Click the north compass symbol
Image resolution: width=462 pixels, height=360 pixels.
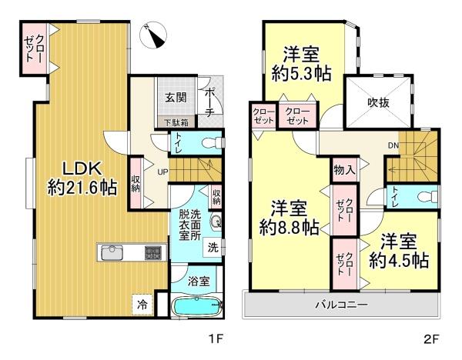point(153,35)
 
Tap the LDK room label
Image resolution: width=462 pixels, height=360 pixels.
point(82,169)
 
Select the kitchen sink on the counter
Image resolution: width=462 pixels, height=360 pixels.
point(112,252)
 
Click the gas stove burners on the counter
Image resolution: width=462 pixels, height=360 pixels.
point(153,253)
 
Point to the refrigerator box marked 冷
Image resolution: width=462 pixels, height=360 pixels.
point(142,305)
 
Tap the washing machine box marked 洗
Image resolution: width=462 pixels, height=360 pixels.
point(213,247)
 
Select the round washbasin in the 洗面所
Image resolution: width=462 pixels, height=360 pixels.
point(216,221)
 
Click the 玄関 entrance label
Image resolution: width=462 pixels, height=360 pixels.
point(176,97)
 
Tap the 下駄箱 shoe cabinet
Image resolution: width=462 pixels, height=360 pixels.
point(176,122)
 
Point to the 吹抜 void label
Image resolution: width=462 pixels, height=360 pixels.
point(378,102)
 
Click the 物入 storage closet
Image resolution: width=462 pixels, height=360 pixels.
point(344,169)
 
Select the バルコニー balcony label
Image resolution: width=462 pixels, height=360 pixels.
point(341,305)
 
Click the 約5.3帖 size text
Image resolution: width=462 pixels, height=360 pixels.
point(301,73)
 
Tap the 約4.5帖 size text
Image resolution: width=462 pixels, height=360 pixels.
point(398,260)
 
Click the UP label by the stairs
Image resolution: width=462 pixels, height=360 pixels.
point(162,172)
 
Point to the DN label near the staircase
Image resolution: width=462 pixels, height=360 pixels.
point(393,145)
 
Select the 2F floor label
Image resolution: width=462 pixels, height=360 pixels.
point(432,339)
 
